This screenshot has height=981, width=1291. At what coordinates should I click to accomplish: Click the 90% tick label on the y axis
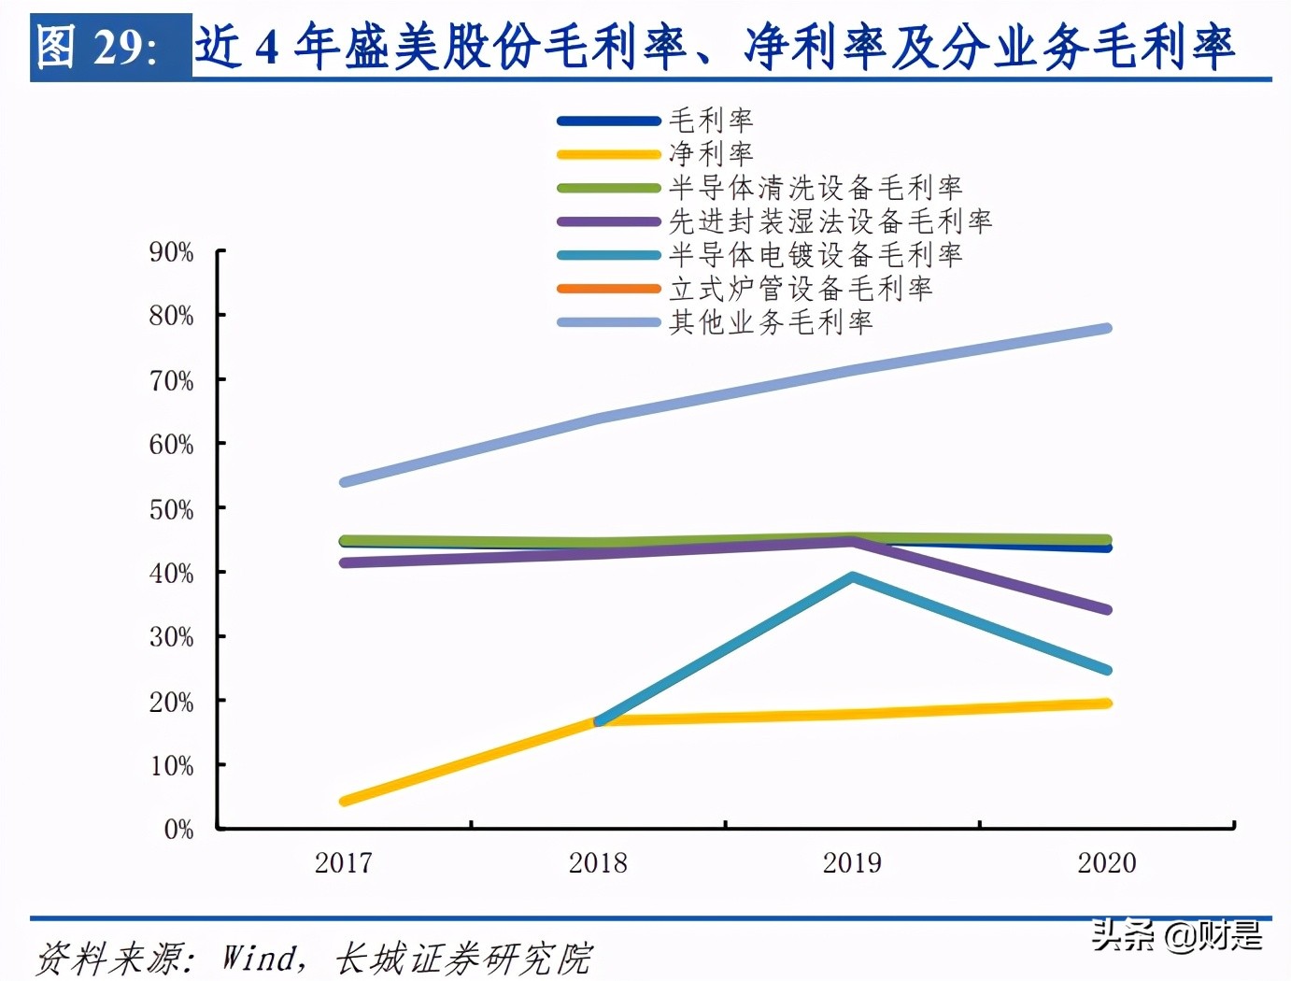pos(171,252)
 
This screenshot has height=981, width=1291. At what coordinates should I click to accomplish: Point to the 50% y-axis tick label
pos(171,509)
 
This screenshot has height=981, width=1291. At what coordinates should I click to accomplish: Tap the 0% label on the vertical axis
pos(178,829)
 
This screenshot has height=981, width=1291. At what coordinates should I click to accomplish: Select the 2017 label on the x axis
pos(344,862)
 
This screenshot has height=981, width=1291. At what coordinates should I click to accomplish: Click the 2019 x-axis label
pos(852,862)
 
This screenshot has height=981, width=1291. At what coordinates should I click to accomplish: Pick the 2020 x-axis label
pos(1107,862)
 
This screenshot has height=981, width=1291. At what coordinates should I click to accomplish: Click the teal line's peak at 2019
pos(852,577)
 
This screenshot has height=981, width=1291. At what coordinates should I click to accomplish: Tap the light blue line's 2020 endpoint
pos(1107,329)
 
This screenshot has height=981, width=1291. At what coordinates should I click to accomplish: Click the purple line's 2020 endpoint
pos(1107,609)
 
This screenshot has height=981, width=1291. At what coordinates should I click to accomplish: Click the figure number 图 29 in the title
pos(97,47)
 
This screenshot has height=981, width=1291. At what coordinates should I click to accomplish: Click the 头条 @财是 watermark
pos(1177,934)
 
